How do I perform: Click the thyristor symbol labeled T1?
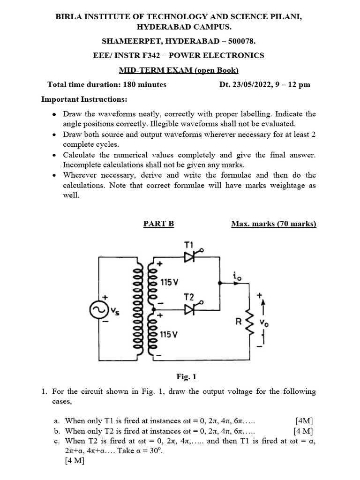point(190,257)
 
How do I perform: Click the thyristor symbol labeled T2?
point(190,309)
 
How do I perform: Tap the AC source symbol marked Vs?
point(101,310)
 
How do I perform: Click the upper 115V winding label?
point(169,283)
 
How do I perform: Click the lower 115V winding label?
point(169,335)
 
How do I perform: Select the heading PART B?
point(158,224)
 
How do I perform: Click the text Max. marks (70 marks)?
point(274,224)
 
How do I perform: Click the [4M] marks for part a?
point(305,420)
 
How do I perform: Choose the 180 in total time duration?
point(130,85)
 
